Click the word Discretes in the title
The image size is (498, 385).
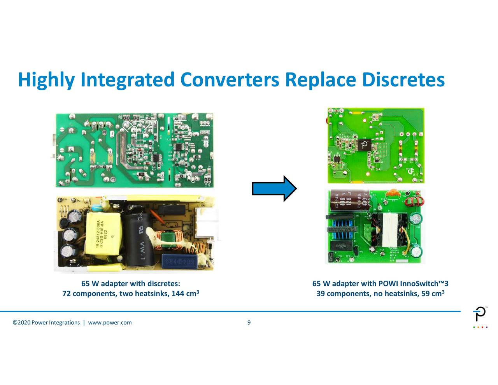pyautogui.click(x=403, y=80)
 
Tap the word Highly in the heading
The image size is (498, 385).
pyautogui.click(x=46, y=80)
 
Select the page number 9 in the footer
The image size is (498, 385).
pyautogui.click(x=249, y=322)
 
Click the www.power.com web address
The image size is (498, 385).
pyautogui.click(x=110, y=322)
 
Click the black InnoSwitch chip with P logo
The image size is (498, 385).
pyautogui.click(x=364, y=145)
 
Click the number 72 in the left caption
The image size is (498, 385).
pyautogui.click(x=67, y=293)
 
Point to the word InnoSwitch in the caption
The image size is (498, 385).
pyautogui.click(x=419, y=284)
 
